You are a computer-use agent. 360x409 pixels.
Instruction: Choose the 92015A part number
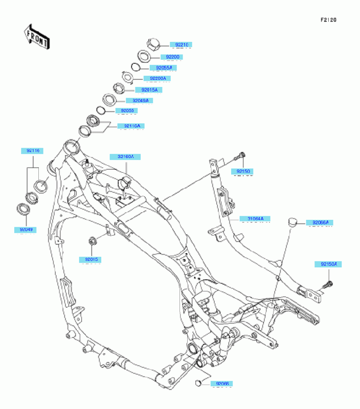coord(147,90)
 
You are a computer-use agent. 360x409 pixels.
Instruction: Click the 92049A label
coord(138,101)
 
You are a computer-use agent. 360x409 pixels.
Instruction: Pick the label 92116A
coord(131,126)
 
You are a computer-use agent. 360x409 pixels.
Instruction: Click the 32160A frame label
coord(125,156)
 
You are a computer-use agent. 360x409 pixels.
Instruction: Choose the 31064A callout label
coord(255,219)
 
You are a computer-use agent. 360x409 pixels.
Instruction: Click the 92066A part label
coord(319,222)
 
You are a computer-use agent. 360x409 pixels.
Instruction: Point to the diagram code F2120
coord(328,20)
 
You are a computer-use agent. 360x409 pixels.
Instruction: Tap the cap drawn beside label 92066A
coord(294,221)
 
